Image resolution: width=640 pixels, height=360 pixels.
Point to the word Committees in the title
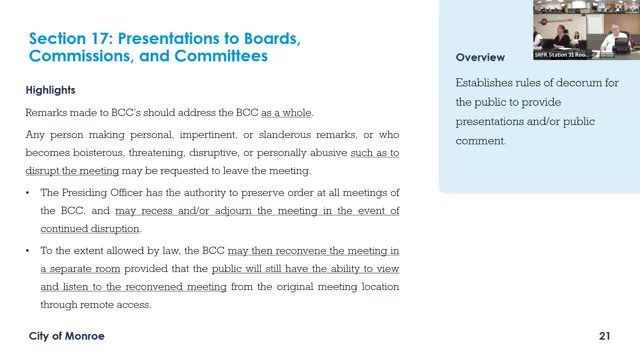click(218, 57)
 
